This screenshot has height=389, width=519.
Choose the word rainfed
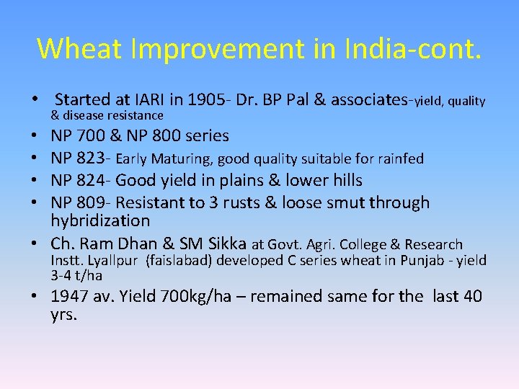pos(400,158)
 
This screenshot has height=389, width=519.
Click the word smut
pos(350,202)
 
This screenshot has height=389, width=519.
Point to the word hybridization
pos(100,220)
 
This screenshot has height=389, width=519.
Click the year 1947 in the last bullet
pos(73,297)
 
